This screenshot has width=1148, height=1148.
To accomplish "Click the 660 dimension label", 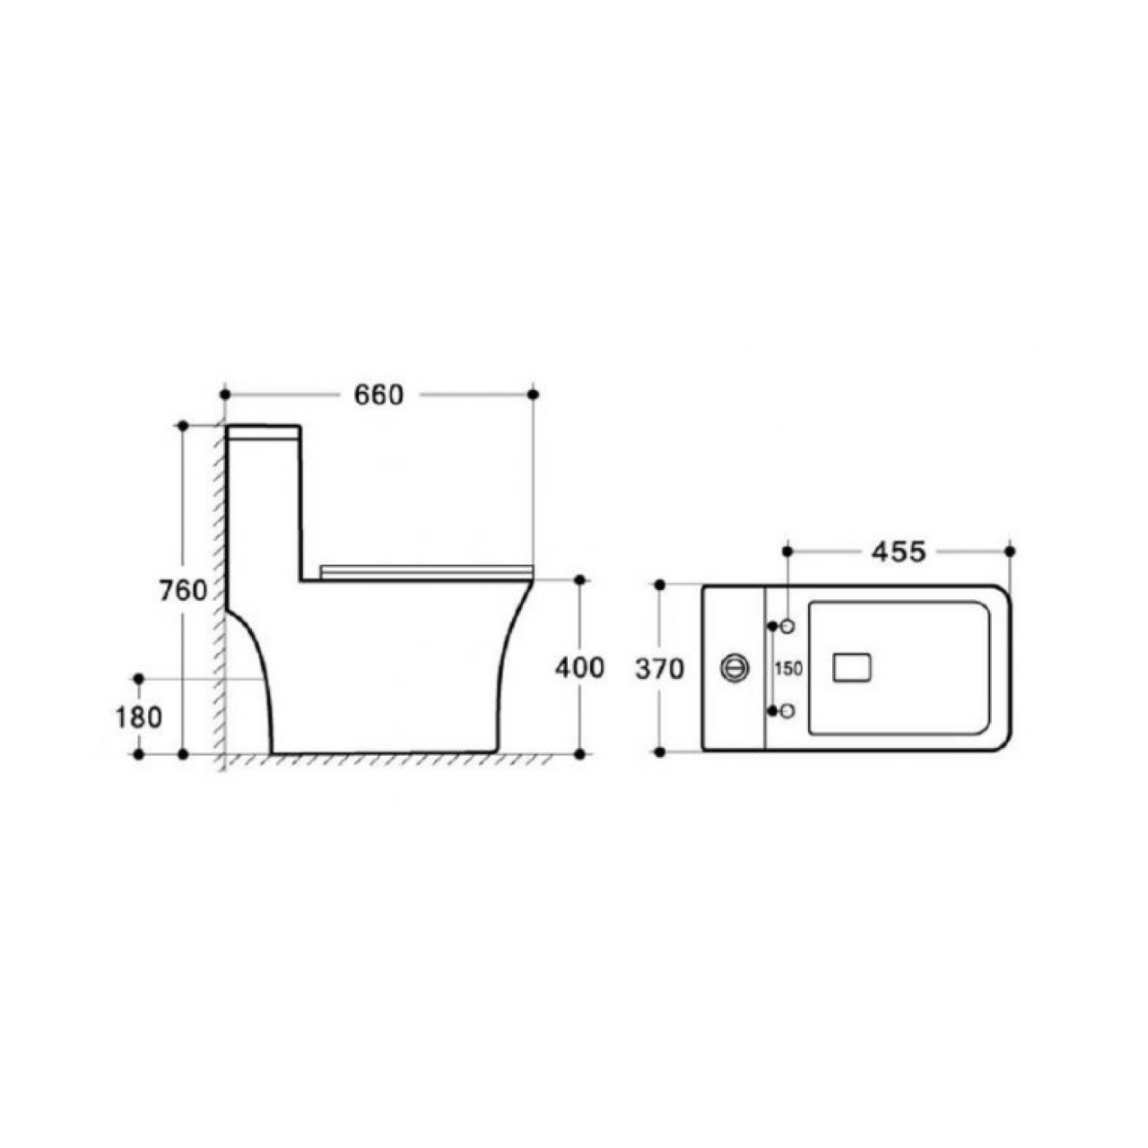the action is tap(378, 395).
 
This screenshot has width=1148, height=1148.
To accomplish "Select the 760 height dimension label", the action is tap(184, 590).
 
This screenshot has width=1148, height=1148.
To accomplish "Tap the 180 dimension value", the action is tap(139, 717).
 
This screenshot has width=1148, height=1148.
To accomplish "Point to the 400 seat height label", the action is tap(579, 668).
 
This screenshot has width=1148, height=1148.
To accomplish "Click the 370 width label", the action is tap(659, 670).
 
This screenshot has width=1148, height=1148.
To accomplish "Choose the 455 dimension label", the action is tap(899, 552).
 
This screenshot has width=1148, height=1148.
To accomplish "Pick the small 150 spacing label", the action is tap(788, 669).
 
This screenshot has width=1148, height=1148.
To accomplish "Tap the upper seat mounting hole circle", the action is tap(788, 626).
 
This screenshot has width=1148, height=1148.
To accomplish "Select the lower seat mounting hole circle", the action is tap(788, 710).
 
